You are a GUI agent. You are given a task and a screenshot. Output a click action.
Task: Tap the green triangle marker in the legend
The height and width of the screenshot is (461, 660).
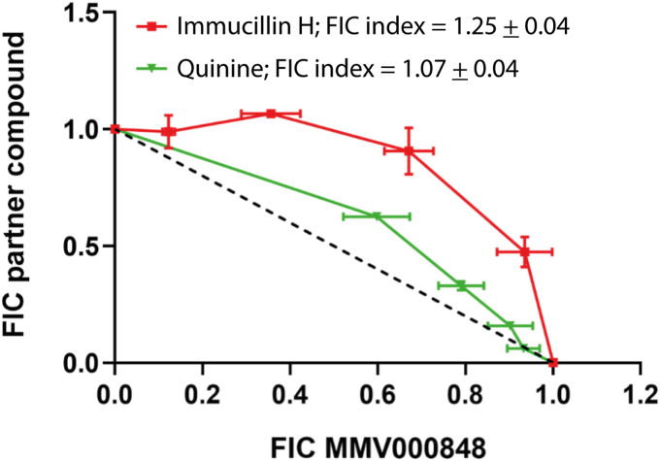coord(152,69)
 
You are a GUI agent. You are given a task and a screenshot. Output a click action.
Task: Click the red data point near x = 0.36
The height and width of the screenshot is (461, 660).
coord(271,114)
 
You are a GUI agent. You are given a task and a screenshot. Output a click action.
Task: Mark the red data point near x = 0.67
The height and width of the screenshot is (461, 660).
coord(409,150)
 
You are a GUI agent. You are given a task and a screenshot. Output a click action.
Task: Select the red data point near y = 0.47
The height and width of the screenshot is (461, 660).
coord(524,251)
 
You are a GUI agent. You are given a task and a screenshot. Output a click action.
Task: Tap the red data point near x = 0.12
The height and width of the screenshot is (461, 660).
coord(169,131)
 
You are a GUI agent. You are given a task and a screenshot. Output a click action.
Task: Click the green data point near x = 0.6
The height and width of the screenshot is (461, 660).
coord(377,215)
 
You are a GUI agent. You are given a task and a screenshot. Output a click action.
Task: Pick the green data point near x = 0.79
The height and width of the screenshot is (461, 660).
coord(461,285)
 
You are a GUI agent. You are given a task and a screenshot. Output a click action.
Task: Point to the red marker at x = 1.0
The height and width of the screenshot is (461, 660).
coord(552,363)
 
